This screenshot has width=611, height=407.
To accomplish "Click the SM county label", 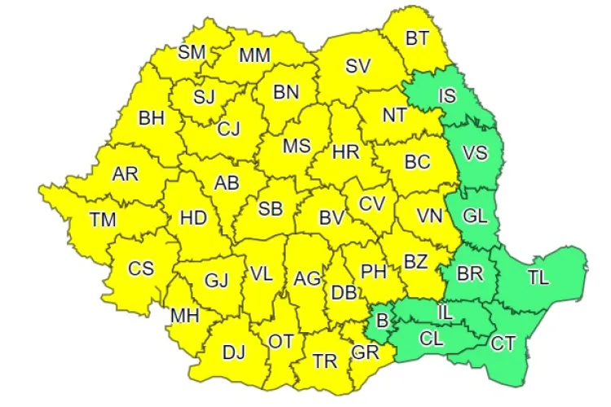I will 192,53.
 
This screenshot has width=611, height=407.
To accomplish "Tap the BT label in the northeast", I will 417,37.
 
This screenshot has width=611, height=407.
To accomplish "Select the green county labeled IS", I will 447,95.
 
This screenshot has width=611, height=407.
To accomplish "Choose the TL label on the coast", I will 538,278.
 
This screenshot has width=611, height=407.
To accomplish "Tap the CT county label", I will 503,344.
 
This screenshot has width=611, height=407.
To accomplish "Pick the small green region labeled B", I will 382,319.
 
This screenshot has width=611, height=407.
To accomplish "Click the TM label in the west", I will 103,219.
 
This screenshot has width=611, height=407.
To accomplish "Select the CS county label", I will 140,268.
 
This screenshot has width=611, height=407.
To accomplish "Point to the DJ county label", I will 234,352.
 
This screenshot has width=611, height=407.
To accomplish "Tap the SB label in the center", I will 270,209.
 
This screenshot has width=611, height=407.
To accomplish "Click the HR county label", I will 346,151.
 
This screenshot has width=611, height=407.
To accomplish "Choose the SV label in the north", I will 358,67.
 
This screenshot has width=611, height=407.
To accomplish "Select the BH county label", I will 152,118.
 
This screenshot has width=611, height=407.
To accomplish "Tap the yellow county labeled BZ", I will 415,262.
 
